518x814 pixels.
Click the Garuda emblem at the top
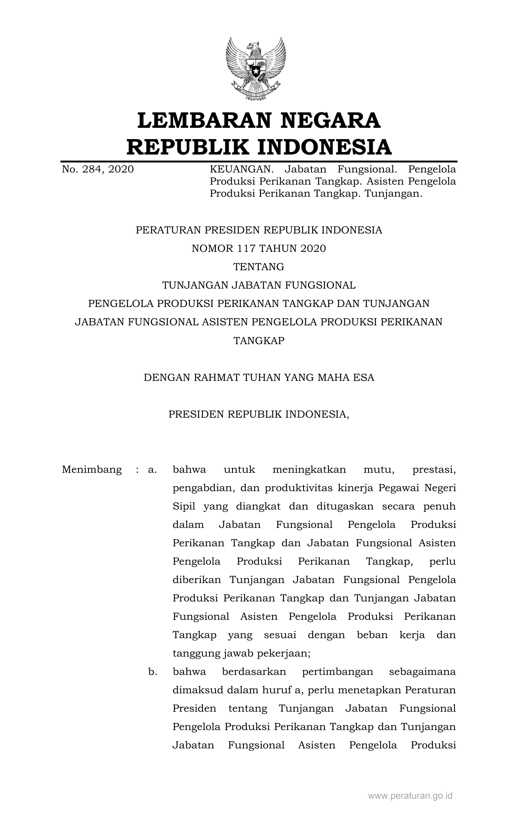(x=256, y=69)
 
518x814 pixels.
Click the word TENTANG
(x=259, y=266)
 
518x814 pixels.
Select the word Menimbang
(x=92, y=469)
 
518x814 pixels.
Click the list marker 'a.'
(x=152, y=469)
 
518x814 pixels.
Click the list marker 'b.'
(x=152, y=672)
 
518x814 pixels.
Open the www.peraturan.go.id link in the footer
(x=410, y=796)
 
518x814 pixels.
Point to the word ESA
(x=364, y=378)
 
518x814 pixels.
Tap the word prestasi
(x=434, y=469)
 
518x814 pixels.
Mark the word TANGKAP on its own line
(x=259, y=340)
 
